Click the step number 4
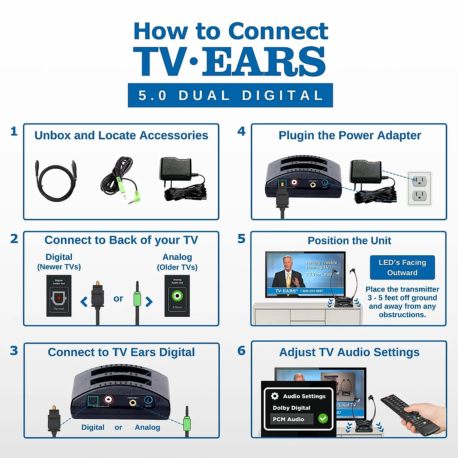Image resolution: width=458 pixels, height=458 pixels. (241, 131)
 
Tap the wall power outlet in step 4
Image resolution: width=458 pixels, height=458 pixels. (419, 188)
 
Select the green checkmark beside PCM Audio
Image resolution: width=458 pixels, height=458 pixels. (323, 418)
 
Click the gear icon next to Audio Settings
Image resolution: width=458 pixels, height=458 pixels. (275, 396)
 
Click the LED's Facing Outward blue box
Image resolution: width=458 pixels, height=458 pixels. (402, 268)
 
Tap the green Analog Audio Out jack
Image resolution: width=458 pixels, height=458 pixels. (177, 295)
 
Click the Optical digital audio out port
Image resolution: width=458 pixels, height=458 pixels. (59, 298)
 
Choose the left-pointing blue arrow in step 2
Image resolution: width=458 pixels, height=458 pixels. (84, 302)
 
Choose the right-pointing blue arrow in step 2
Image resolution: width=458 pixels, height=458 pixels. (149, 302)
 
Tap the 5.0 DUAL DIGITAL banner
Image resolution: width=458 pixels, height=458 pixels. (230, 95)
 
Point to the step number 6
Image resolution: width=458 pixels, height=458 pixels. (241, 351)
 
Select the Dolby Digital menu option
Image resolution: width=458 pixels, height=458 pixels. (292, 408)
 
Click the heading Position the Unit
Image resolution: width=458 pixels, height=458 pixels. (349, 241)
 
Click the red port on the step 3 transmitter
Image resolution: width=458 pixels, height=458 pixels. (109, 400)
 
